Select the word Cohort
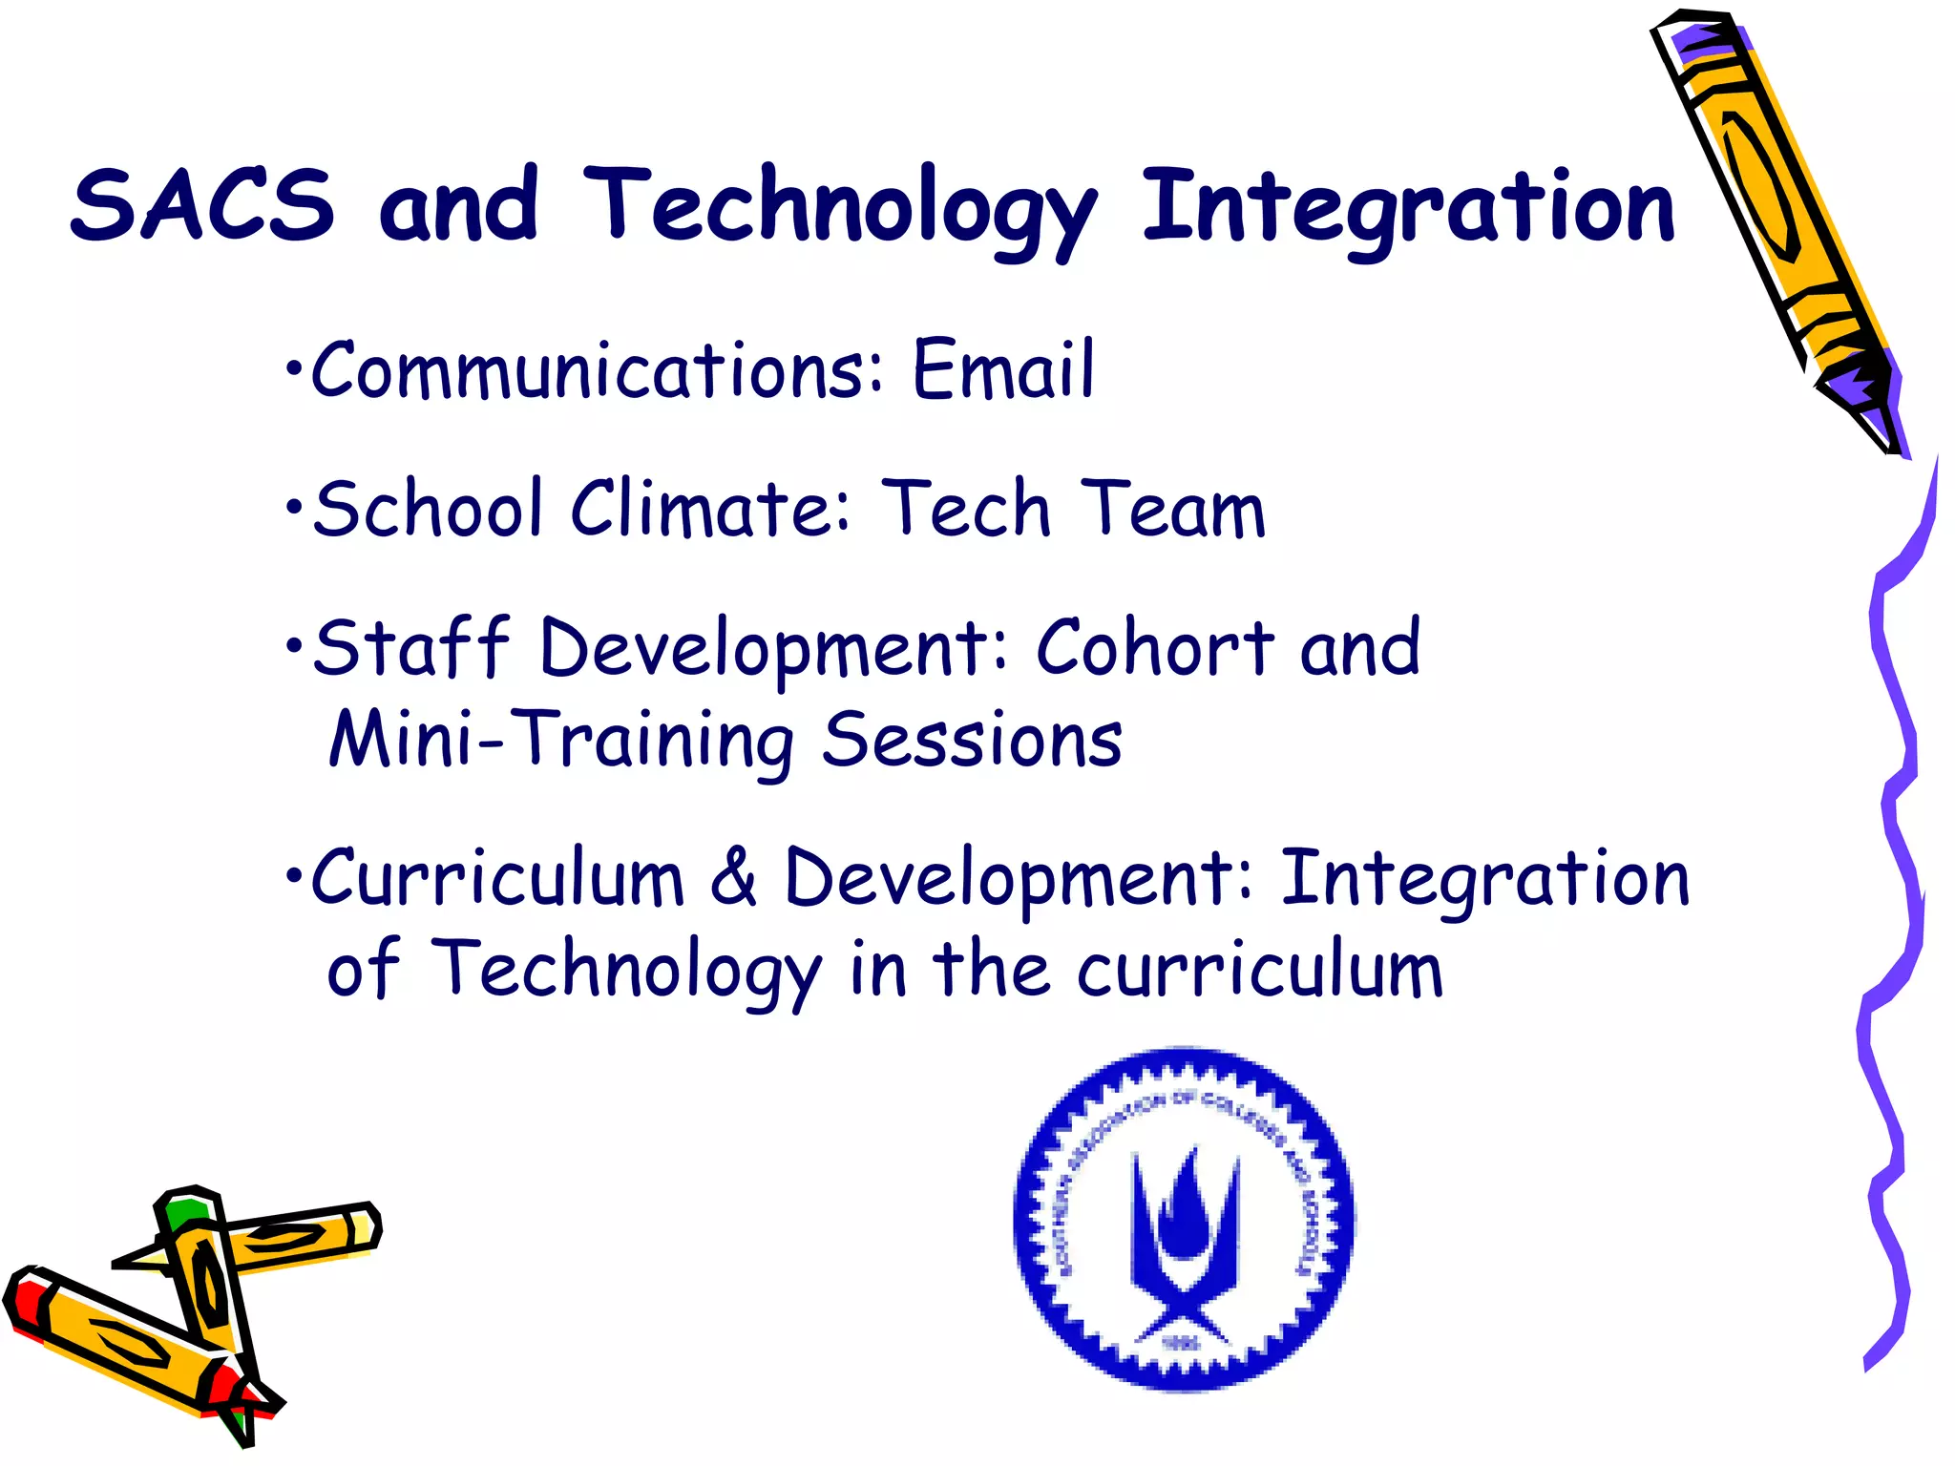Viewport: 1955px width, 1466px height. point(1155,647)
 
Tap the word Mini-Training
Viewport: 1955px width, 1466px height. point(560,740)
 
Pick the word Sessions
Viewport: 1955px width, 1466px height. point(972,740)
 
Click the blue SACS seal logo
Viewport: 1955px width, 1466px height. point(1184,1219)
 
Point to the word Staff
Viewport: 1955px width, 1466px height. point(411,647)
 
